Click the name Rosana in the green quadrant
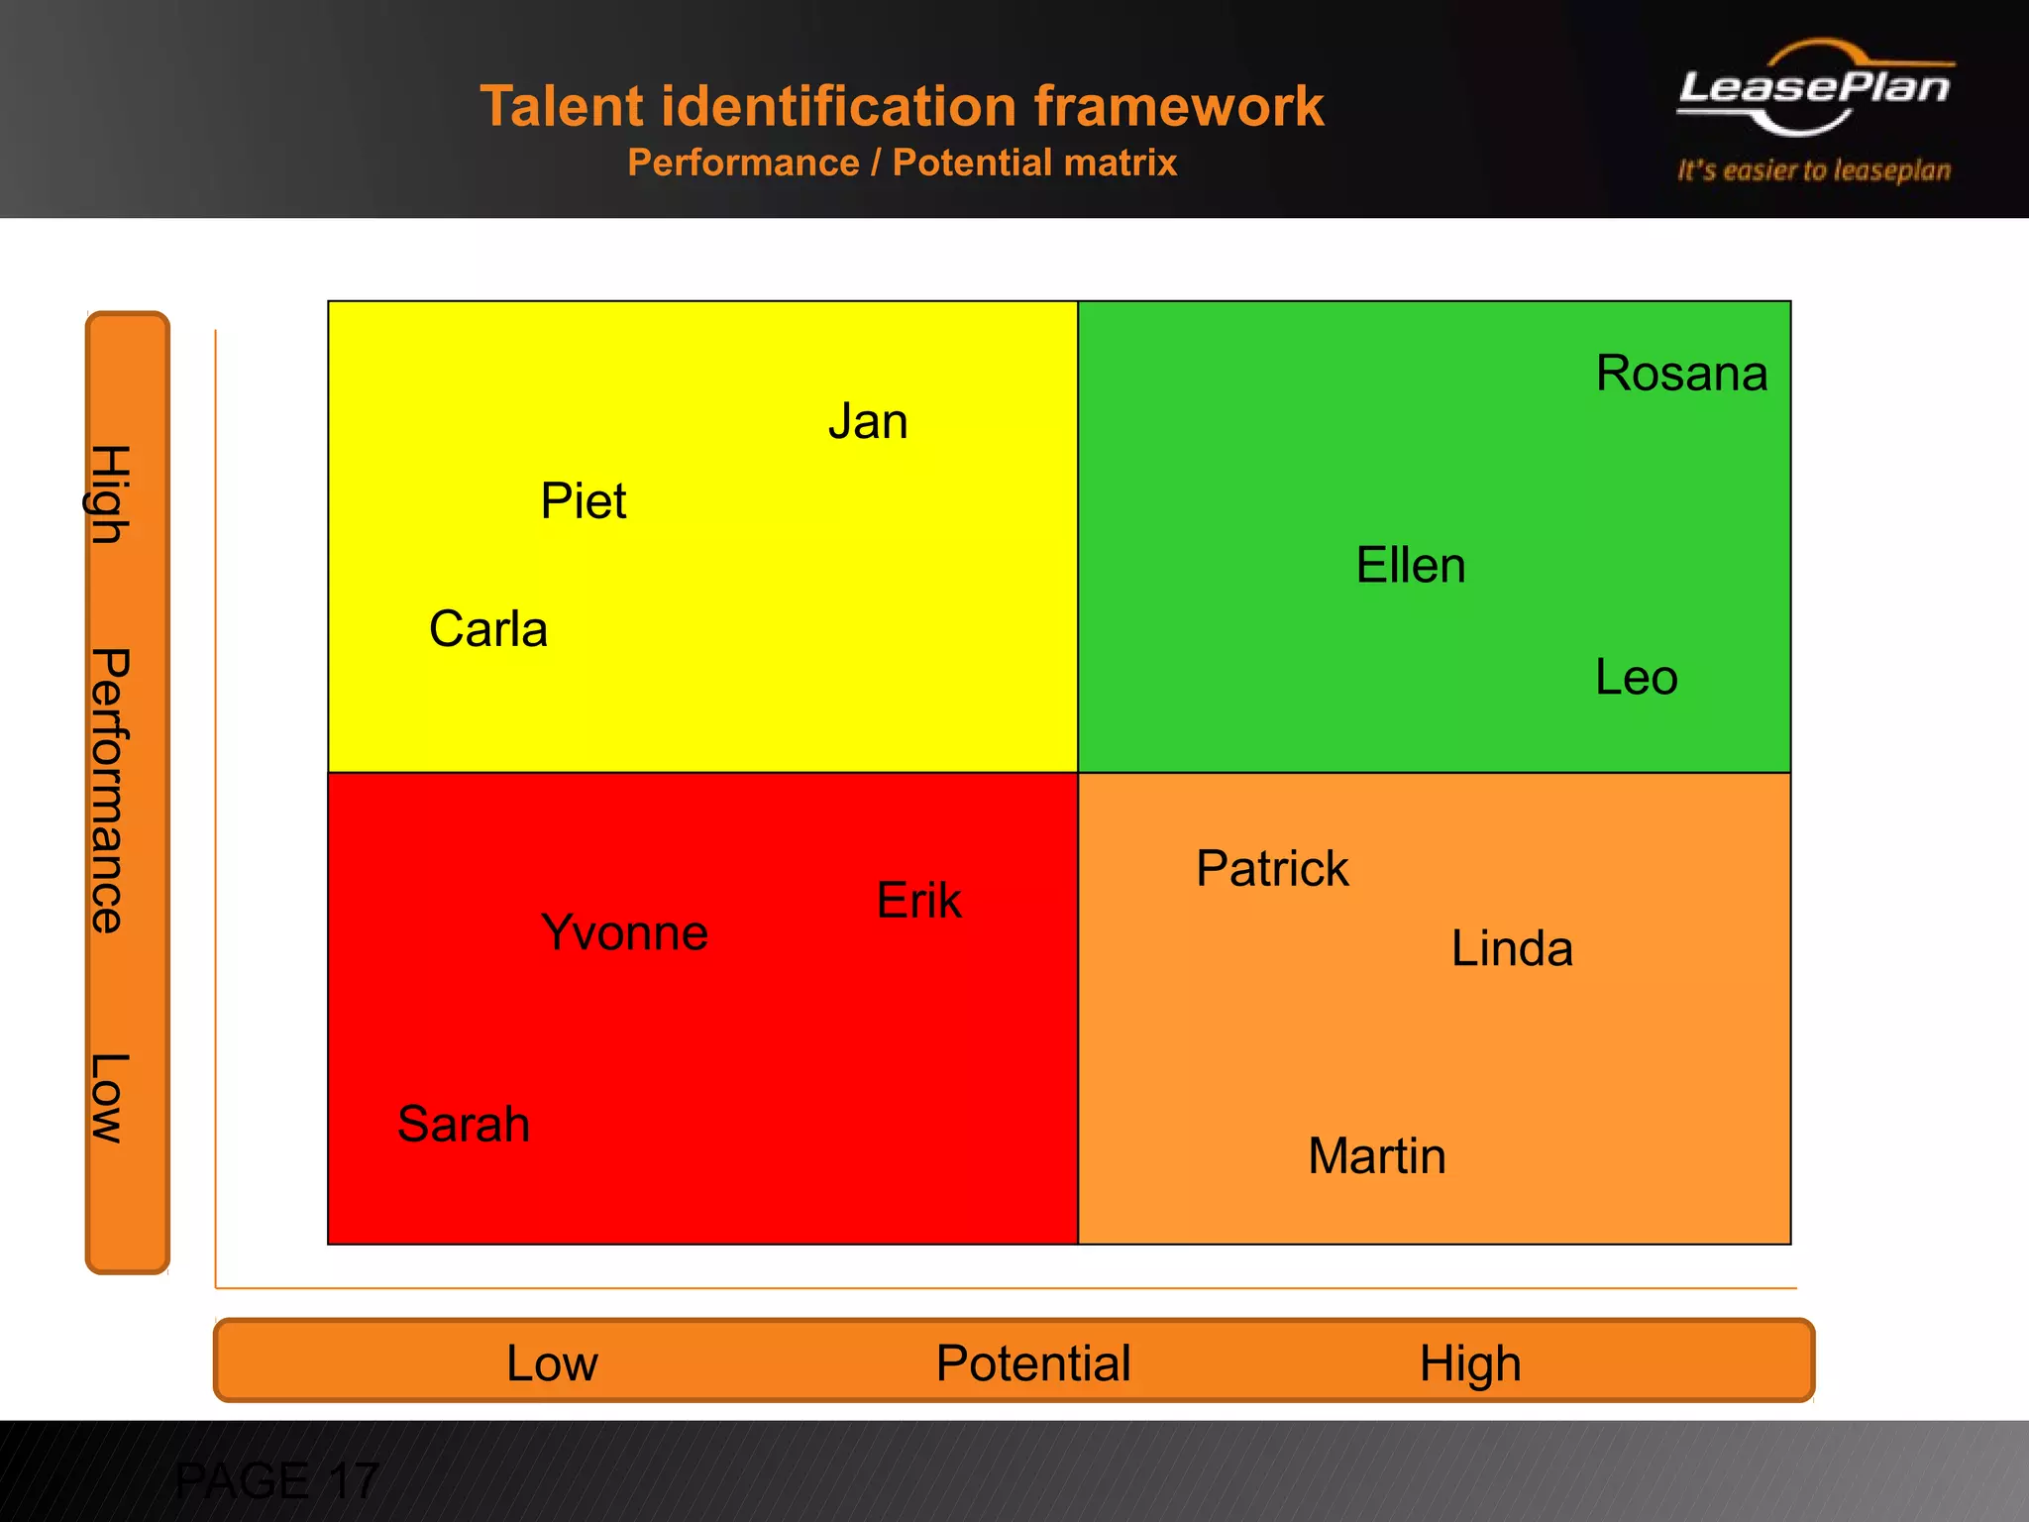point(1681,375)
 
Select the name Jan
point(868,421)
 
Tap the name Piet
point(583,500)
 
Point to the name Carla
point(487,629)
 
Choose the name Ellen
point(1410,566)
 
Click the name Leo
point(1636,678)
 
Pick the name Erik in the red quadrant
point(918,901)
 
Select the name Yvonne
point(624,933)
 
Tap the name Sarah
point(463,1125)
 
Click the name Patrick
point(1272,869)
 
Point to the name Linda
point(1512,949)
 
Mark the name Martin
point(1376,1156)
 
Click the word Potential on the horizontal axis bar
point(1033,1363)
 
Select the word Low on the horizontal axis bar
point(552,1363)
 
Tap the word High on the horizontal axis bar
point(1469,1363)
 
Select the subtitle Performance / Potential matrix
point(902,163)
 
